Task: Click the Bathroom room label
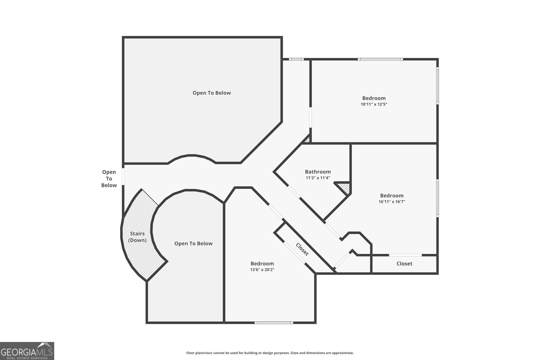click(318, 172)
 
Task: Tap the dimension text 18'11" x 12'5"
click(374, 104)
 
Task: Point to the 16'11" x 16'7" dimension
click(391, 202)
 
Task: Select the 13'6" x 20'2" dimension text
click(262, 270)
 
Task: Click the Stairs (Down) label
click(137, 237)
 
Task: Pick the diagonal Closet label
click(302, 249)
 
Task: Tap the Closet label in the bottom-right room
click(404, 264)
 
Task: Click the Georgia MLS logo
click(27, 351)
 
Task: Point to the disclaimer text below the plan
click(270, 353)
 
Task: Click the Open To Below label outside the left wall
click(109, 178)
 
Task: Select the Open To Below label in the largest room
click(212, 93)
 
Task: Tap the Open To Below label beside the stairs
click(193, 243)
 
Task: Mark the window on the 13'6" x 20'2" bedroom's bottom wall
click(274, 323)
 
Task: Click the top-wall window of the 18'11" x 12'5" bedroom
click(380, 59)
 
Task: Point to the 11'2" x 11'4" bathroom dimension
click(318, 178)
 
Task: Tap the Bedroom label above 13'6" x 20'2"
click(262, 264)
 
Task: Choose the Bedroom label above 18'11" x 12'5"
click(374, 98)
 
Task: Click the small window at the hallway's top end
click(296, 59)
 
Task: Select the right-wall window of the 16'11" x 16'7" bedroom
click(437, 198)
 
